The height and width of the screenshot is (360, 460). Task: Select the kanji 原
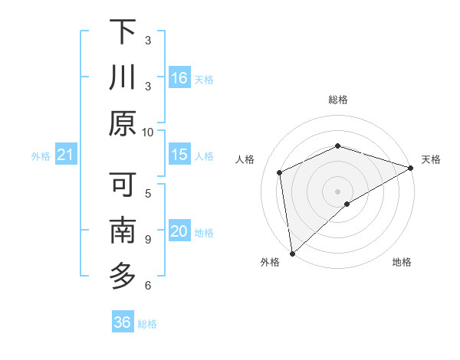point(123,123)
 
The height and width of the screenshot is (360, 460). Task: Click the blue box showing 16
point(179,78)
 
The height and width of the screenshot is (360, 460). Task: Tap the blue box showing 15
point(179,155)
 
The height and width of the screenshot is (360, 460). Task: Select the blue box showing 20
point(179,231)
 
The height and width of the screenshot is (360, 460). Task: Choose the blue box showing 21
point(66,155)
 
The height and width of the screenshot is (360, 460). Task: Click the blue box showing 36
point(123,322)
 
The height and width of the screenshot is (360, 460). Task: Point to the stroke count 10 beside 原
point(148,132)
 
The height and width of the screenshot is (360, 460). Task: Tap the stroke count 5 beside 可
point(148,193)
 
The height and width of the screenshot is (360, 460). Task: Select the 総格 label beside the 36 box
point(147,324)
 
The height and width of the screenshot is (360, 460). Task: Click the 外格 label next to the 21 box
point(41,156)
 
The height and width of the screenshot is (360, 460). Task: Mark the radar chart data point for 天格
point(410,169)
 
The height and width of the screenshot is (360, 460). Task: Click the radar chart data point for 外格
point(292,253)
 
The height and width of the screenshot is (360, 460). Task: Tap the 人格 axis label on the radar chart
point(245,159)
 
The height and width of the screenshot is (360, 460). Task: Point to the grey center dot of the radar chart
point(337,190)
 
